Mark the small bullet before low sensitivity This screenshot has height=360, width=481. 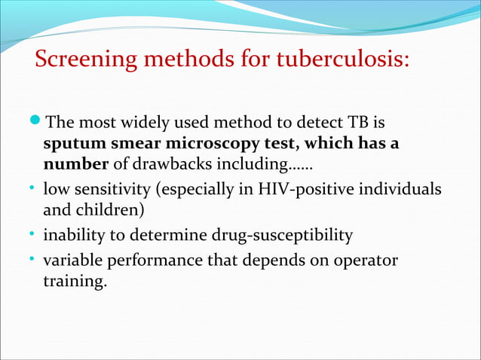[35, 187]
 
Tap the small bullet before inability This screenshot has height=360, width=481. [35, 235]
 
